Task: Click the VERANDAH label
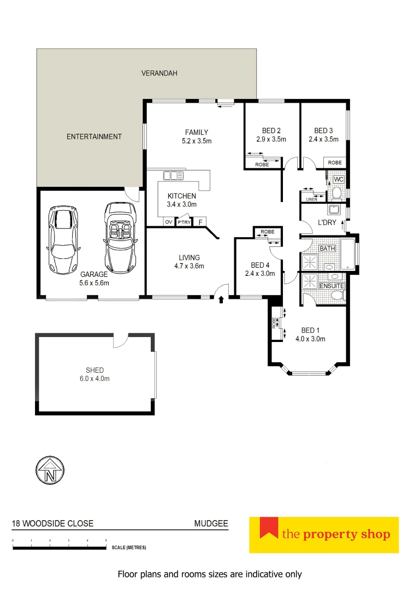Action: tap(159, 73)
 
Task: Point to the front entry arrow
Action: tap(221, 299)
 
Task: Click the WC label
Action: tap(339, 179)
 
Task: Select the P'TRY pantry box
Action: tap(184, 222)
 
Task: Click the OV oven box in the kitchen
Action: tap(169, 222)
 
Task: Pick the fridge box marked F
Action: tap(200, 222)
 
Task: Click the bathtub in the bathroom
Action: tap(348, 254)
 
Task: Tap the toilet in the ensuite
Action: tap(338, 296)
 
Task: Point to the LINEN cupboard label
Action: tap(311, 199)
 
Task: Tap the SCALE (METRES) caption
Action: tap(129, 547)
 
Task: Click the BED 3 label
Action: tap(323, 131)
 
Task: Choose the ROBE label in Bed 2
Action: tap(262, 164)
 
